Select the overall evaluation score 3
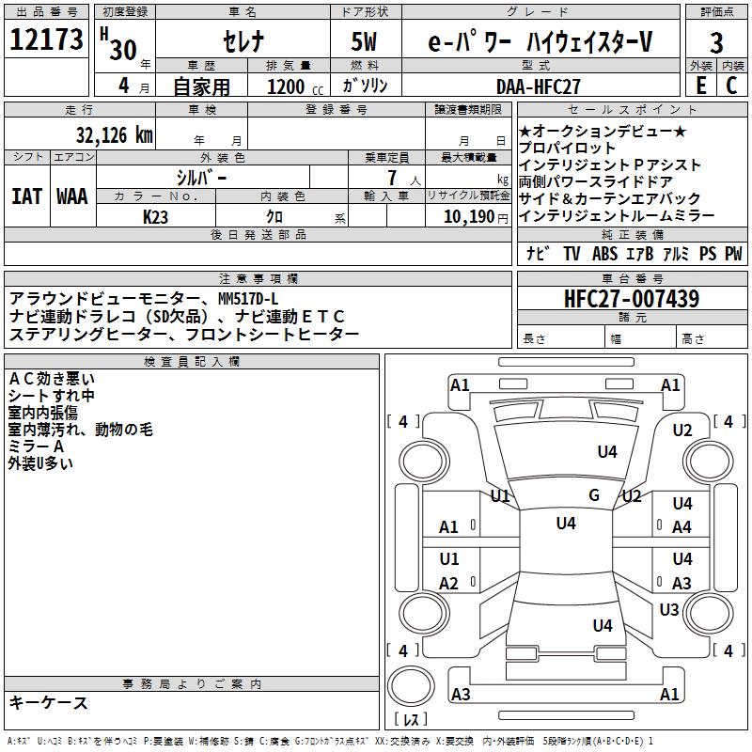click(x=716, y=42)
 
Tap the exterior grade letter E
click(x=701, y=86)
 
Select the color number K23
click(x=156, y=216)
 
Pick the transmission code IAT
click(x=27, y=196)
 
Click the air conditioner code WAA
click(x=72, y=196)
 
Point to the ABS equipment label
click(x=605, y=254)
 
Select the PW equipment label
click(x=733, y=254)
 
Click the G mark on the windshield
click(x=594, y=494)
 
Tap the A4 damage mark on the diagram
click(x=682, y=527)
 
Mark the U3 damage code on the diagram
click(x=669, y=610)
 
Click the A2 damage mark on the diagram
click(x=449, y=584)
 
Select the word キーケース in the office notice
click(x=49, y=702)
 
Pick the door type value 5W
click(x=367, y=42)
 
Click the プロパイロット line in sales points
click(x=568, y=148)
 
